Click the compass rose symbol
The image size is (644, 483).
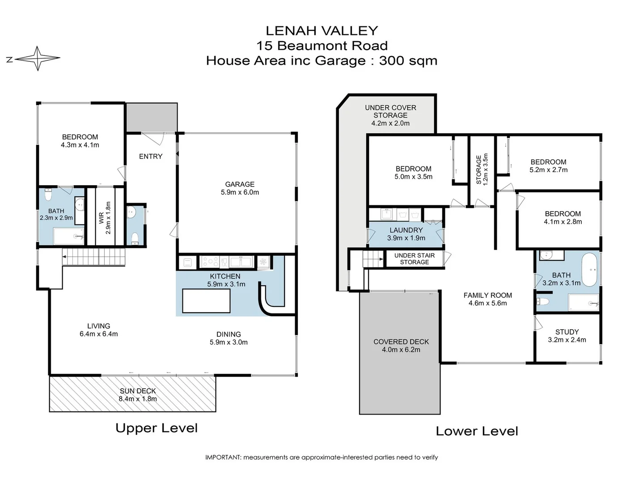click(x=38, y=58)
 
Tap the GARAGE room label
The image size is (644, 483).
click(x=240, y=184)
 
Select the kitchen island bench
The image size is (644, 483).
click(x=206, y=301)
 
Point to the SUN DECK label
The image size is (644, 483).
click(x=138, y=391)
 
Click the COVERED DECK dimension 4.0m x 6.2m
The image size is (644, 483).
click(x=401, y=350)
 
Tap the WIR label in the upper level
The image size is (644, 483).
click(x=102, y=218)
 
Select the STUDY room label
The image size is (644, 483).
click(x=567, y=332)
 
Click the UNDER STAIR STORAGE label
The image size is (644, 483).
click(x=414, y=259)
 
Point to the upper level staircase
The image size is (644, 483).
click(x=94, y=257)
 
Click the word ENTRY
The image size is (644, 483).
click(x=151, y=157)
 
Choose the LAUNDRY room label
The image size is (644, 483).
click(x=406, y=230)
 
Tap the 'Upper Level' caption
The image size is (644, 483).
click(x=157, y=428)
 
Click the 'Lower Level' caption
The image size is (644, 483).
click(x=477, y=431)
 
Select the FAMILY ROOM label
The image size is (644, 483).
click(x=487, y=295)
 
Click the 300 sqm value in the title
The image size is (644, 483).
click(x=408, y=61)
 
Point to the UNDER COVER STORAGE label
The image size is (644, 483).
click(x=390, y=111)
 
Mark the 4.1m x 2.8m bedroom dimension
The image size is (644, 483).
click(x=563, y=222)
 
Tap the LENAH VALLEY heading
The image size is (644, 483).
click(x=322, y=31)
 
